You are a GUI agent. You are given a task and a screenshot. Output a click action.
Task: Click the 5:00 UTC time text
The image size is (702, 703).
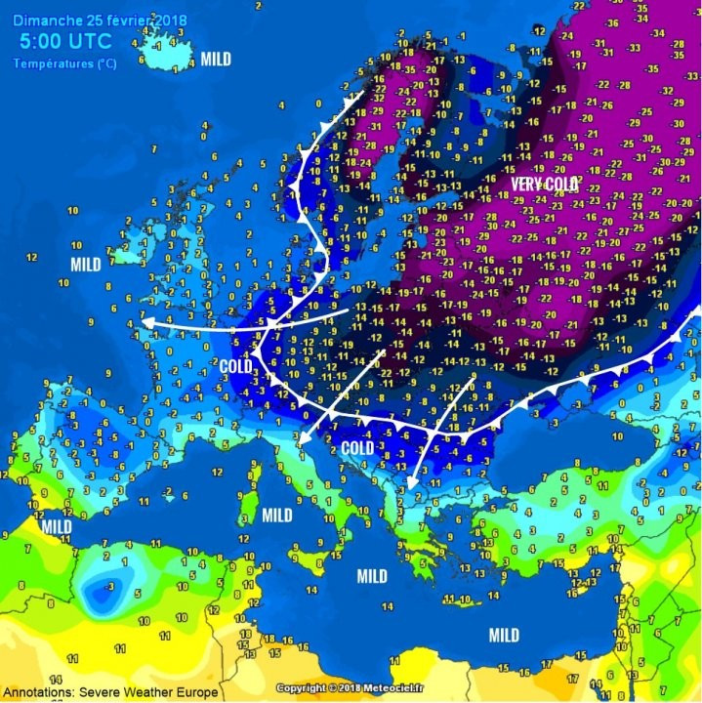[65, 41]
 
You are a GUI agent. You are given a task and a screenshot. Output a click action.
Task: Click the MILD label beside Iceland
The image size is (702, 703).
[216, 60]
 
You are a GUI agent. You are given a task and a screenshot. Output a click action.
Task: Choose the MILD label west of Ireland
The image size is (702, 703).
[86, 265]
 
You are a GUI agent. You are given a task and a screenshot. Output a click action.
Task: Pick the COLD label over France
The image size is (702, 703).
[235, 366]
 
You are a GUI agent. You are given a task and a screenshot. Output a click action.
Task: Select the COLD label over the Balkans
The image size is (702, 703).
[357, 448]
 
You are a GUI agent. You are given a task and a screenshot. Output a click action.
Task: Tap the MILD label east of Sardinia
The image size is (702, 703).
[277, 515]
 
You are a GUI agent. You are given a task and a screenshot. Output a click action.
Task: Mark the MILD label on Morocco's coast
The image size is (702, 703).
[56, 527]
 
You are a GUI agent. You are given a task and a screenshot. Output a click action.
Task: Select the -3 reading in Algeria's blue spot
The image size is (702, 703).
[100, 587]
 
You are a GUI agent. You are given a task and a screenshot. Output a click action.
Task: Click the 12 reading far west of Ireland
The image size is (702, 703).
[31, 258]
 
